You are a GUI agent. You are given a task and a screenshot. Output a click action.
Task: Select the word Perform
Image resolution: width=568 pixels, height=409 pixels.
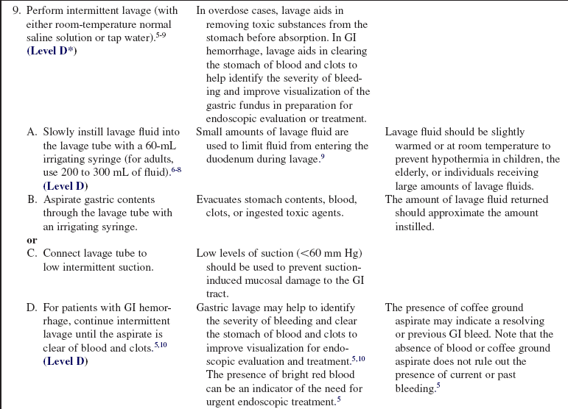click(x=44, y=11)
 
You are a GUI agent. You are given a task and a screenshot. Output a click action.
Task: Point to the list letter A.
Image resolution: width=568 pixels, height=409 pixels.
click(x=32, y=132)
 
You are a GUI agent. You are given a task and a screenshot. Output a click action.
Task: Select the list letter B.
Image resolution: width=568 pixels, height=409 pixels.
click(x=32, y=199)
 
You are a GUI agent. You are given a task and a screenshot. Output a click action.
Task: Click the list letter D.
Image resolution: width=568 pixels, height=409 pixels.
click(x=32, y=307)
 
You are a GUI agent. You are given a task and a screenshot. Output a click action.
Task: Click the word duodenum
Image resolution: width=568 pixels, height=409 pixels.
click(x=229, y=159)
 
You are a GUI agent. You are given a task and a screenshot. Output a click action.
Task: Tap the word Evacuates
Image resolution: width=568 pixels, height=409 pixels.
click(x=220, y=199)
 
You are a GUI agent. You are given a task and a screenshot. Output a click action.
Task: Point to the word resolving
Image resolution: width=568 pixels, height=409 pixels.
click(x=520, y=321)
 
